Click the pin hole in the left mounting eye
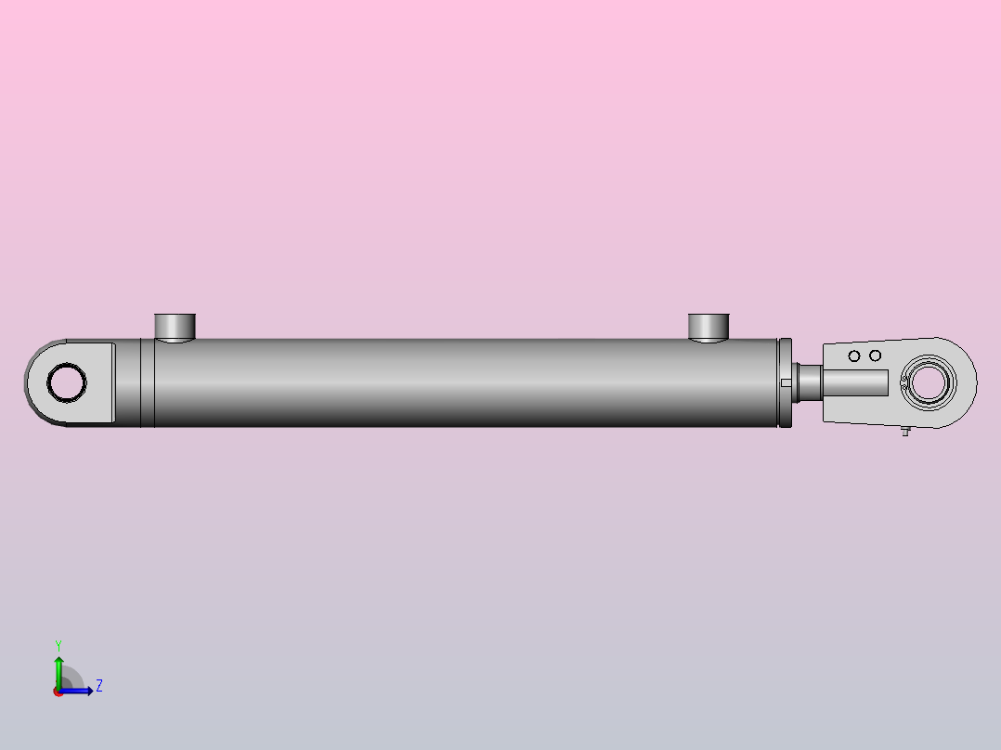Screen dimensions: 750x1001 (x=67, y=381)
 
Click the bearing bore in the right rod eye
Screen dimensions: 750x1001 (x=929, y=382)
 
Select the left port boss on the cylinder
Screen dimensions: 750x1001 (x=175, y=327)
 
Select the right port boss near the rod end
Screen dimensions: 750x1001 (x=708, y=327)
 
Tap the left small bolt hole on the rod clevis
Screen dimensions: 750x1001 (x=854, y=356)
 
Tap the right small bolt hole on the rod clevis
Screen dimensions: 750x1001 (x=875, y=356)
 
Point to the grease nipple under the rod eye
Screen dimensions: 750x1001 (x=904, y=431)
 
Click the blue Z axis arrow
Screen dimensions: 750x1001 (x=80, y=691)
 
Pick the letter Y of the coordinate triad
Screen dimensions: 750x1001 (x=58, y=644)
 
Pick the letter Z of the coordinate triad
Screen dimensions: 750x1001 (x=99, y=686)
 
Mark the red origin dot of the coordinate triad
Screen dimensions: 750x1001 (x=58, y=692)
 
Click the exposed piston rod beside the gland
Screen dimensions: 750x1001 (x=807, y=382)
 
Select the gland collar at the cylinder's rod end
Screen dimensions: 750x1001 (x=785, y=382)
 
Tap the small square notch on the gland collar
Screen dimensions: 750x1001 (x=785, y=381)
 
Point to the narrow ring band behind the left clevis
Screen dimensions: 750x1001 (x=148, y=382)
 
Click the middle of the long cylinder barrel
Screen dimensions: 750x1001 (x=464, y=382)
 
